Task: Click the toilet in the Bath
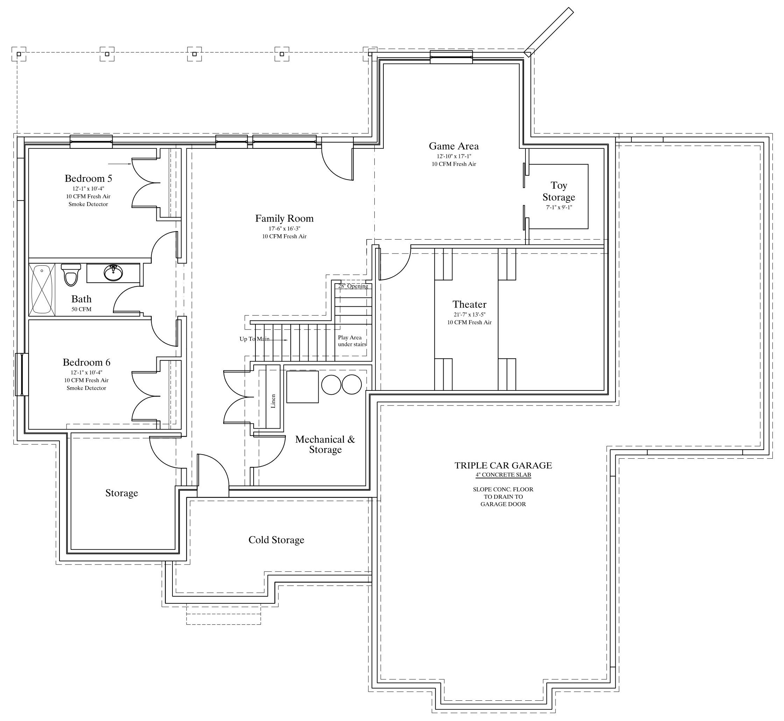(x=71, y=274)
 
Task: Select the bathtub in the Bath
(x=42, y=289)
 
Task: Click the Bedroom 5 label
(x=88, y=178)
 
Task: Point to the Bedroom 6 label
(x=86, y=362)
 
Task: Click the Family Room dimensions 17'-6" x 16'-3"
(x=284, y=229)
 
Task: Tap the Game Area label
(x=454, y=146)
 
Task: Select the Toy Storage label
(x=559, y=191)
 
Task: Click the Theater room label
(x=469, y=304)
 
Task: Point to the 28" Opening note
(x=353, y=286)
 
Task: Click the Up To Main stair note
(x=255, y=339)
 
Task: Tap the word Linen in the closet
(x=273, y=401)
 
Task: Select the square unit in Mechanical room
(x=303, y=387)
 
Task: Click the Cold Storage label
(x=276, y=540)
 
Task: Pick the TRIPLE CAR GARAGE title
(x=503, y=465)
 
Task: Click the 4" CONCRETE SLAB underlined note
(x=503, y=475)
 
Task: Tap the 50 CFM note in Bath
(x=82, y=309)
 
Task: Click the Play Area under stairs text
(x=352, y=341)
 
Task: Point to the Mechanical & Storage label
(x=325, y=444)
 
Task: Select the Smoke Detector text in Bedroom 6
(x=86, y=388)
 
